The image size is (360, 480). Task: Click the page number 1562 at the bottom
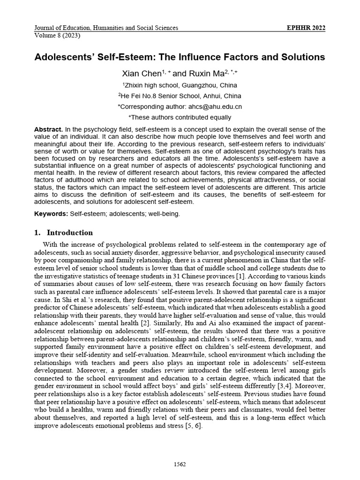pos(180,464)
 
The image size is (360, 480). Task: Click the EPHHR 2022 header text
pos(306,28)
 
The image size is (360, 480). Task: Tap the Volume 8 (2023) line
pos(57,36)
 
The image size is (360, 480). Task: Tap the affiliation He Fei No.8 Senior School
pos(181,96)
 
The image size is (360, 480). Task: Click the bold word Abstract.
pos(48,129)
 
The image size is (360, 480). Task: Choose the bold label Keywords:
pos(51,214)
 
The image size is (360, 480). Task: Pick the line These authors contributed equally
pos(180,118)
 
